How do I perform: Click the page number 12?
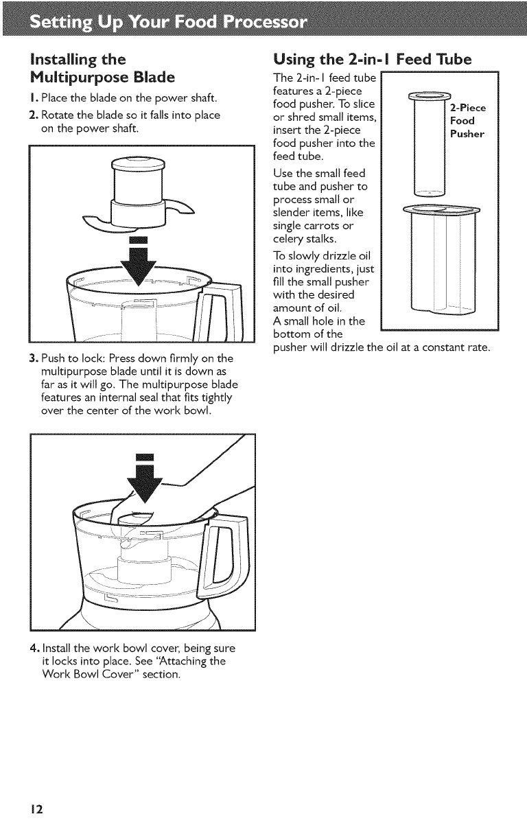pyautogui.click(x=37, y=809)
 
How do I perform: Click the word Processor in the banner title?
pyautogui.click(x=265, y=23)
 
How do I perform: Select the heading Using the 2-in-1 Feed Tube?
pyautogui.click(x=373, y=59)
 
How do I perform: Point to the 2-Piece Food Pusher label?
pyautogui.click(x=468, y=121)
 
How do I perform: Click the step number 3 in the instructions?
pyautogui.click(x=32, y=358)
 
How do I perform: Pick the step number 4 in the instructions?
pyautogui.click(x=34, y=648)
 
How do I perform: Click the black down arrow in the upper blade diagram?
pyautogui.click(x=139, y=261)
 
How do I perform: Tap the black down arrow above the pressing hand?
pyautogui.click(x=144, y=479)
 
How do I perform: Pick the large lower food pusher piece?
pyautogui.click(x=443, y=258)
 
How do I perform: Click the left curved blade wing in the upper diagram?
pyautogui.click(x=97, y=223)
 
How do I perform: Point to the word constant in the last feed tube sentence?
pyautogui.click(x=440, y=347)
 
